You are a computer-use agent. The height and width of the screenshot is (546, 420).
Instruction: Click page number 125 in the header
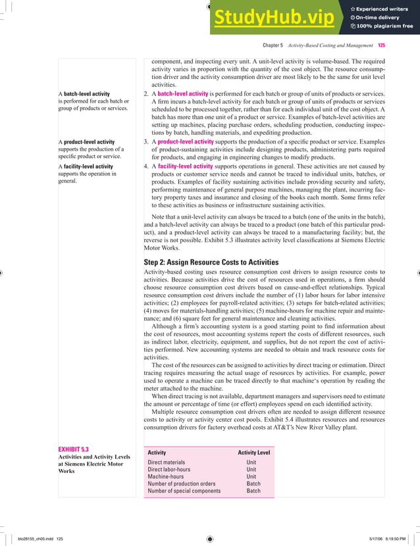coord(382,46)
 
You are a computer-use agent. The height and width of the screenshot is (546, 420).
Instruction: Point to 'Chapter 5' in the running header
coord(273,46)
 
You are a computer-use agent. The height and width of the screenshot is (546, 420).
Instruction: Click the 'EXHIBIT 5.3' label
coord(74,449)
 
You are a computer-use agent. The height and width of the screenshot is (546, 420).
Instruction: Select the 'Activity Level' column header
coord(253,453)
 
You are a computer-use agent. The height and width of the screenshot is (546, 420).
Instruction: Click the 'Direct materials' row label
coord(167,462)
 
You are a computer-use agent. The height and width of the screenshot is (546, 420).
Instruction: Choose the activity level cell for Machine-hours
coord(251,476)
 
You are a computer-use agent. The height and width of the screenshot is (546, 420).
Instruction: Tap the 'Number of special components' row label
coord(184,491)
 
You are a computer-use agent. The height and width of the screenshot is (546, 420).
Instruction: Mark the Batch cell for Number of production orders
coord(253,484)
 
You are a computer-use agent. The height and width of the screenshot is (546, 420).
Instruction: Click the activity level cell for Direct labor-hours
coord(251,470)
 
